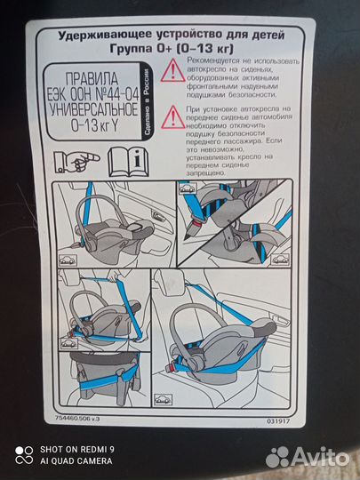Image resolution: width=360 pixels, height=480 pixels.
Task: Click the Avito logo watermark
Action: (x=308, y=457)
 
